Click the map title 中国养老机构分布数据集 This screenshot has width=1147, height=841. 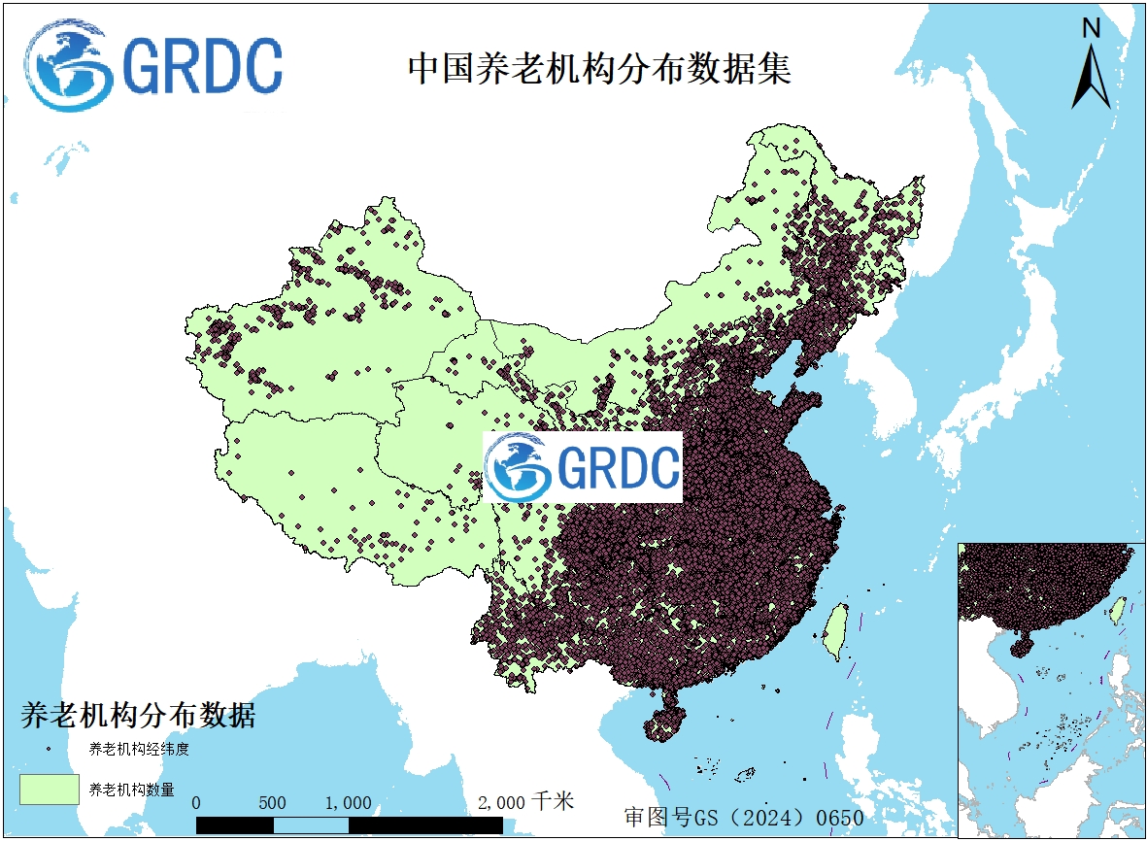tap(599, 69)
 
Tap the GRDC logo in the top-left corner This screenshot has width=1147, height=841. tap(154, 66)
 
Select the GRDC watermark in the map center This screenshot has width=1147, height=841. tap(584, 467)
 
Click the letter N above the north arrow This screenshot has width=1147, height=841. tap(1091, 28)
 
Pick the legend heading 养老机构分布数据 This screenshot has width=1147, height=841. tap(138, 716)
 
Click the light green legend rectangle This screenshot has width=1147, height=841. tap(50, 789)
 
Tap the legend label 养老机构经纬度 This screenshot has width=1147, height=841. tap(138, 749)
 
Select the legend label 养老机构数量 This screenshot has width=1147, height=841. tap(131, 790)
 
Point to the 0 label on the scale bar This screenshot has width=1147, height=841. tap(197, 803)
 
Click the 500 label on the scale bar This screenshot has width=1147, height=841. tap(273, 803)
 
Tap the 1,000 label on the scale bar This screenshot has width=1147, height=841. tap(348, 803)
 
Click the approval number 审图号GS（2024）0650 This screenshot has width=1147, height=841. tap(743, 817)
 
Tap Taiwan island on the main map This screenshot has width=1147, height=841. tap(834, 629)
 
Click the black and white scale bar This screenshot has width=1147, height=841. tap(349, 824)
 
